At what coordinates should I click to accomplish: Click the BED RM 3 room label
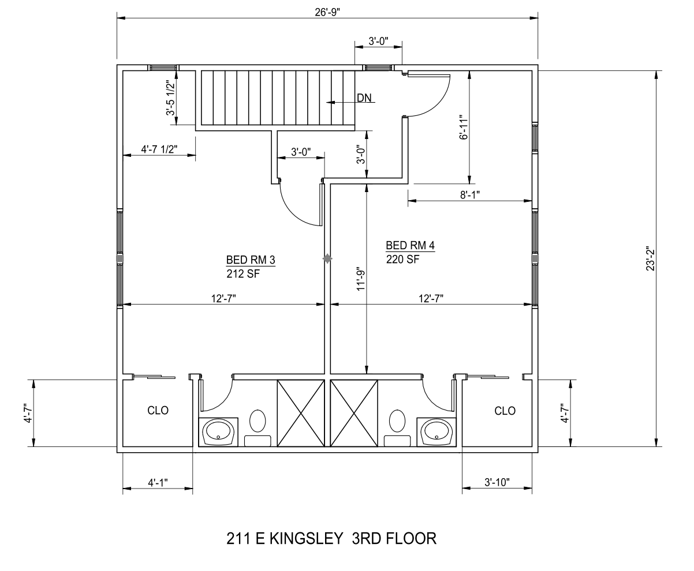tap(251, 260)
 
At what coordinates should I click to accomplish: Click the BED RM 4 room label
tap(410, 245)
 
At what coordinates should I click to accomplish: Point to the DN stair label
tap(364, 97)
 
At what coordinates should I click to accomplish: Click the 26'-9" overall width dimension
tap(327, 12)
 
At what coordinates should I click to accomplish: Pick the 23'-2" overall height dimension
tap(650, 258)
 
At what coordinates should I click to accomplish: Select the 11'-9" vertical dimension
tap(361, 279)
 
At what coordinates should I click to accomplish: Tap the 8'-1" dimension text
tap(469, 195)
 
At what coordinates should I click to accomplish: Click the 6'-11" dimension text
tap(464, 127)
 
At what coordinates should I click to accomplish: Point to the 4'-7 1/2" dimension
tap(159, 149)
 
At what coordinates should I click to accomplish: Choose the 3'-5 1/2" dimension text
tap(170, 98)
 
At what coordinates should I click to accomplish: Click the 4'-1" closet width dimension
tap(158, 482)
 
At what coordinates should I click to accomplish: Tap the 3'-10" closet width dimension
tap(497, 482)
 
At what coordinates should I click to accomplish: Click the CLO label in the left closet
tap(158, 411)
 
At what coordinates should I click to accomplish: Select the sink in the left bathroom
tap(218, 432)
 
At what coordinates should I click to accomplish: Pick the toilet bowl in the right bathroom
tap(397, 421)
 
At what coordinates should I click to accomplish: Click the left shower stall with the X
tap(301, 414)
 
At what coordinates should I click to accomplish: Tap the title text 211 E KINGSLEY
tap(285, 538)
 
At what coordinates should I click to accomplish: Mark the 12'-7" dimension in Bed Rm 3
tap(223, 298)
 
